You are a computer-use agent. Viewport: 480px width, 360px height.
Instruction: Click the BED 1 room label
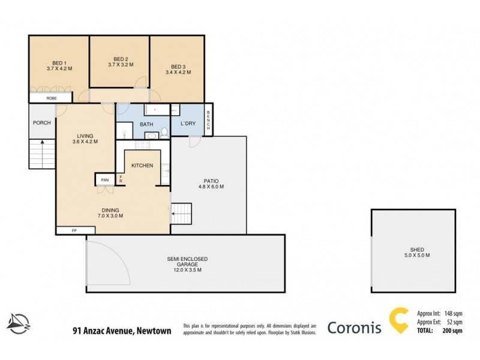pos(59,62)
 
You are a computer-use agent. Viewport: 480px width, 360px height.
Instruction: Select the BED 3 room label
pos(178,67)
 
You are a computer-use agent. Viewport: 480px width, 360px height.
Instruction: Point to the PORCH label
pos(41,124)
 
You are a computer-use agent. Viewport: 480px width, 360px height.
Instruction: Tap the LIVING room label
pos(85,136)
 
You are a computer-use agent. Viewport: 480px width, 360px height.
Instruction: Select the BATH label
pos(146,124)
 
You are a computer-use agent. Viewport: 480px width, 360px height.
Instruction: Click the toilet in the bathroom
pos(164,133)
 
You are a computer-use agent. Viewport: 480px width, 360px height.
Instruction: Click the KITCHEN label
pos(142,166)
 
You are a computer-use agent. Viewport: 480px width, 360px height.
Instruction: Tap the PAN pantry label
pos(105,180)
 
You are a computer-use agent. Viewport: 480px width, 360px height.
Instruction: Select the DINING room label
pos(110,210)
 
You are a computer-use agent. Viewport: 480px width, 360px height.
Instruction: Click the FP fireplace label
pos(74,230)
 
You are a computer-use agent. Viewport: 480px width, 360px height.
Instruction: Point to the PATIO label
pos(210,181)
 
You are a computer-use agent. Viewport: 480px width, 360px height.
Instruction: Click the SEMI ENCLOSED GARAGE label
pos(187,259)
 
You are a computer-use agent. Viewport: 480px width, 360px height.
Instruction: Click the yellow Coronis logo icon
pos(398,321)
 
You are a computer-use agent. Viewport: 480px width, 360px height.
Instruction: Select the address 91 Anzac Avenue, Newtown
pos(122,330)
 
